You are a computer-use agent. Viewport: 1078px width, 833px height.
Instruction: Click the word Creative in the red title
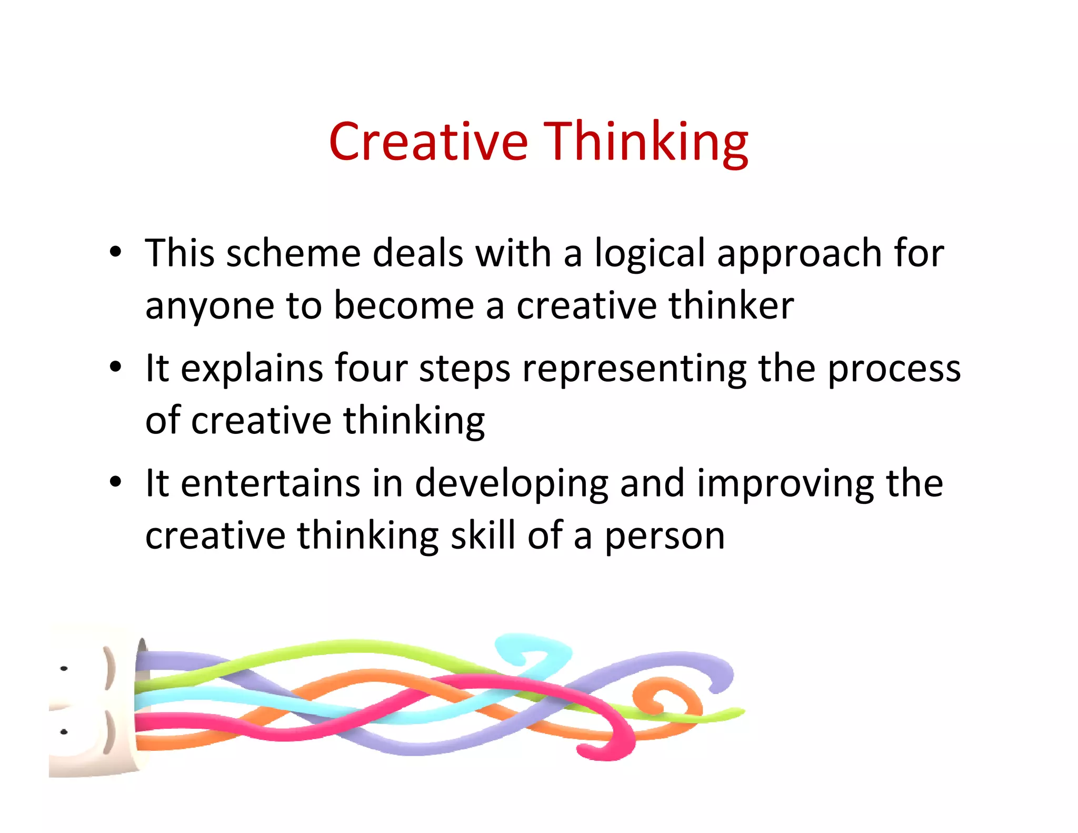click(428, 141)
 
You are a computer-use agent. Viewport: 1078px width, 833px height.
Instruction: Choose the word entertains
click(270, 483)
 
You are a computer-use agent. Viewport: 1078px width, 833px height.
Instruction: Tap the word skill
click(483, 535)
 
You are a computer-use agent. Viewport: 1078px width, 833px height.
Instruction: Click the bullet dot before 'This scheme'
click(116, 252)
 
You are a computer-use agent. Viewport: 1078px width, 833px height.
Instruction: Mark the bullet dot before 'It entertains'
click(116, 481)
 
